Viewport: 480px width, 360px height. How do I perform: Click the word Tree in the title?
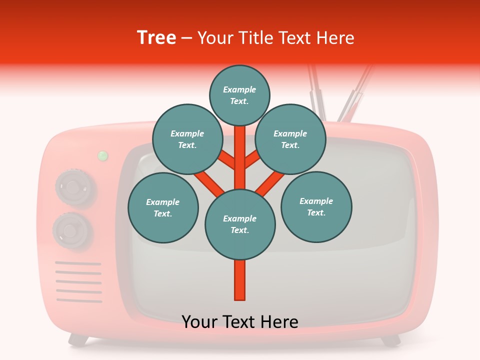[x=156, y=37]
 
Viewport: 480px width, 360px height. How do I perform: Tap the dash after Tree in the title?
[x=186, y=38]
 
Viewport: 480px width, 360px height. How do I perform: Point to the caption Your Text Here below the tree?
[x=239, y=322]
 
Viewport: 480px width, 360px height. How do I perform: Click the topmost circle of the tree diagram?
[x=239, y=95]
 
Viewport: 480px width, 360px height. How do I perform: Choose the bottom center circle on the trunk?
[x=240, y=224]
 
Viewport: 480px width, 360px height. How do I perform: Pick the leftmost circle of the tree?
[x=163, y=208]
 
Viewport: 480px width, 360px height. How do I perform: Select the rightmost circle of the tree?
[x=316, y=207]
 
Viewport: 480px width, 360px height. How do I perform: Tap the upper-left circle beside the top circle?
[x=187, y=139]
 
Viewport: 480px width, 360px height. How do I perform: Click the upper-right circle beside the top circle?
[x=290, y=139]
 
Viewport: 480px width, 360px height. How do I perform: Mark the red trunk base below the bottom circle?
[x=240, y=280]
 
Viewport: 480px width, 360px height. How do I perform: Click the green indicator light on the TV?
[x=103, y=155]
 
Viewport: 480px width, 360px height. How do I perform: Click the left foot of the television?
[x=77, y=340]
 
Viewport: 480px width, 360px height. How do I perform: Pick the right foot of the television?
[x=390, y=340]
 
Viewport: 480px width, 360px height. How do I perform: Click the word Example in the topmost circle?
[x=239, y=89]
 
